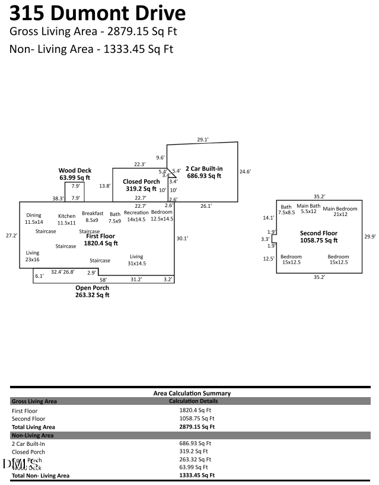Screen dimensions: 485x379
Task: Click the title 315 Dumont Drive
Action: [x=98, y=13]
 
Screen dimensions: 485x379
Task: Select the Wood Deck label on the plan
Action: [x=75, y=173]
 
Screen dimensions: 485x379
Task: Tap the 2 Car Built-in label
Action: [x=203, y=172]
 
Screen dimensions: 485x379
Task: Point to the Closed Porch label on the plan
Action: [x=141, y=185]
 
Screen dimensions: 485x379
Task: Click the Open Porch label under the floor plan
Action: [x=92, y=291]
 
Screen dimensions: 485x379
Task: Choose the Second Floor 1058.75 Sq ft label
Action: [x=319, y=237]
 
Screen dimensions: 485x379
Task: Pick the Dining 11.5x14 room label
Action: [x=34, y=218]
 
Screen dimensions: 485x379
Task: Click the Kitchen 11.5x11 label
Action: [x=66, y=219]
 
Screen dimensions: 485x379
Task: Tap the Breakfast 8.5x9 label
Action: [x=93, y=217]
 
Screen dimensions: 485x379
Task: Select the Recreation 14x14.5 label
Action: [x=136, y=215]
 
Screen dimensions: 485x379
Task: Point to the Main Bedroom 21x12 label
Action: [x=340, y=211]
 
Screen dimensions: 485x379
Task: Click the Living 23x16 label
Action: [x=32, y=256]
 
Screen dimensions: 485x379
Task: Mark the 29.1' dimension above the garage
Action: [x=203, y=140]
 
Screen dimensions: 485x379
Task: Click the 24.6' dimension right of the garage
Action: [x=245, y=172]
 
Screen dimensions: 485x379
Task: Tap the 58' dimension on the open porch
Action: [x=103, y=280]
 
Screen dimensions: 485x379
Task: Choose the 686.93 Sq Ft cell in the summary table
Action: [x=195, y=443]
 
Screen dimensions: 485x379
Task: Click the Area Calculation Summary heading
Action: [x=192, y=393]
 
